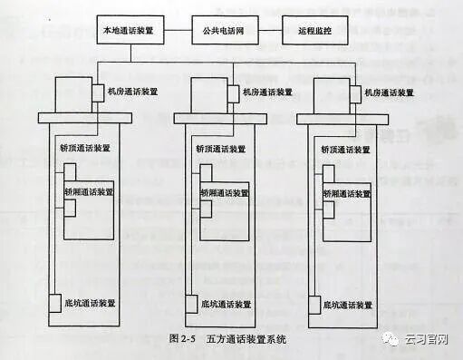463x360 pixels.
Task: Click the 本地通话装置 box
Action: pos(129,29)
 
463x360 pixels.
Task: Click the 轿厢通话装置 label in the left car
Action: pos(89,192)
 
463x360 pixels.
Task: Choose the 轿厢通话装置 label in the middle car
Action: pos(224,192)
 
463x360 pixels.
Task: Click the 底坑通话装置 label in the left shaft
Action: pos(89,303)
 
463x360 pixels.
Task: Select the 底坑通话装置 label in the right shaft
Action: pos(348,303)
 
